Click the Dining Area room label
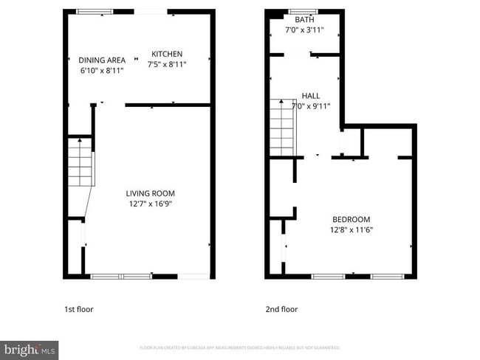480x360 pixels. pos(102,60)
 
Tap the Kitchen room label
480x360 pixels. pos(167,54)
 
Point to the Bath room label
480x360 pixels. pos(304,20)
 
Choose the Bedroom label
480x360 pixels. pos(351,219)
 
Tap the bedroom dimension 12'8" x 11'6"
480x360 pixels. pos(352,229)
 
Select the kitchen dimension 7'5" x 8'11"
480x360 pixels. pos(168,64)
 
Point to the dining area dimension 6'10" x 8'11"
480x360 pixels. pos(102,71)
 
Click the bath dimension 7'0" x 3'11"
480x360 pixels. pos(304,30)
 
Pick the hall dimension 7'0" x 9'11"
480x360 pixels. pos(311,106)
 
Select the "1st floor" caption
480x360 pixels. pos(79,309)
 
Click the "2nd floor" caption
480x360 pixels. pos(281,309)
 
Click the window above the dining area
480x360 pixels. pos(95,11)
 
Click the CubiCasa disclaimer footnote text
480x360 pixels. pos(240,347)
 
